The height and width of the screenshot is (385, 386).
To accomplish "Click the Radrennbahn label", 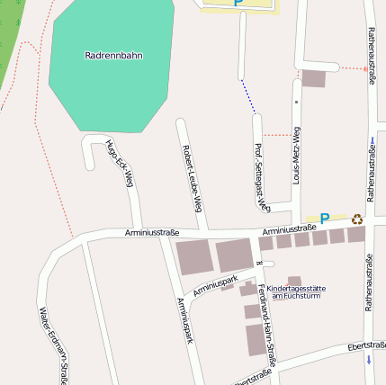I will click(113, 55).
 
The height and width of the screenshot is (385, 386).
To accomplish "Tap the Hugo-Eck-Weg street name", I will click(119, 167).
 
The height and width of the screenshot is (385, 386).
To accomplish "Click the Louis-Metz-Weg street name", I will click(297, 156).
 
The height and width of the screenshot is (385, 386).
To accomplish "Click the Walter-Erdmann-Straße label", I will click(54, 346).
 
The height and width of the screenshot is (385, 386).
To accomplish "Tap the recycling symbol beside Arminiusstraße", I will click(357, 218).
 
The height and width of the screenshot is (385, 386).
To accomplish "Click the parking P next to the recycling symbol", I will click(325, 218).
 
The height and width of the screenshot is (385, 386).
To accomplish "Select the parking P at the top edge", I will click(238, 3).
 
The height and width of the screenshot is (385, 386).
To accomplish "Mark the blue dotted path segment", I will click(247, 96).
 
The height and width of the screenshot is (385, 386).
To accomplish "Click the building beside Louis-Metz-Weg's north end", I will click(313, 78).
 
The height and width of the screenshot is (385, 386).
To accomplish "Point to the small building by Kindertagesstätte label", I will click(294, 280).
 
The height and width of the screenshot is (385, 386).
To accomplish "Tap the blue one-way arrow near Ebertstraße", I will click(369, 360).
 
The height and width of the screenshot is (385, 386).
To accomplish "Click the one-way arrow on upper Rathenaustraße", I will click(370, 140).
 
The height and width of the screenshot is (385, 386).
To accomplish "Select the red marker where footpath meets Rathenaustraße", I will click(365, 68).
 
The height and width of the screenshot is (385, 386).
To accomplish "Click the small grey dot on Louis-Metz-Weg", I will click(296, 103).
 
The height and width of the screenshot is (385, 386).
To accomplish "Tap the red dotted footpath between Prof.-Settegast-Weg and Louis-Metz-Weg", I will click(277, 135).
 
